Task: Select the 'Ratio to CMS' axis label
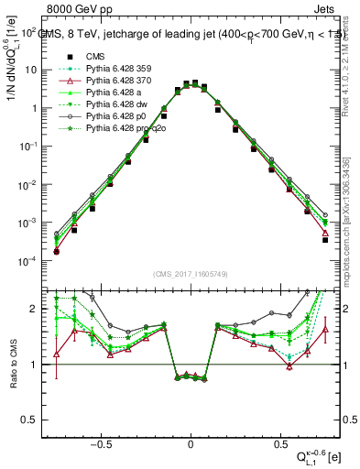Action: point(12,364)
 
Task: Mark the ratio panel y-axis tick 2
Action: point(30,309)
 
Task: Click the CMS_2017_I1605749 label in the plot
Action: point(191,275)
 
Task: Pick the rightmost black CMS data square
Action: point(325,240)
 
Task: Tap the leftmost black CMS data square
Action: point(56,252)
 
